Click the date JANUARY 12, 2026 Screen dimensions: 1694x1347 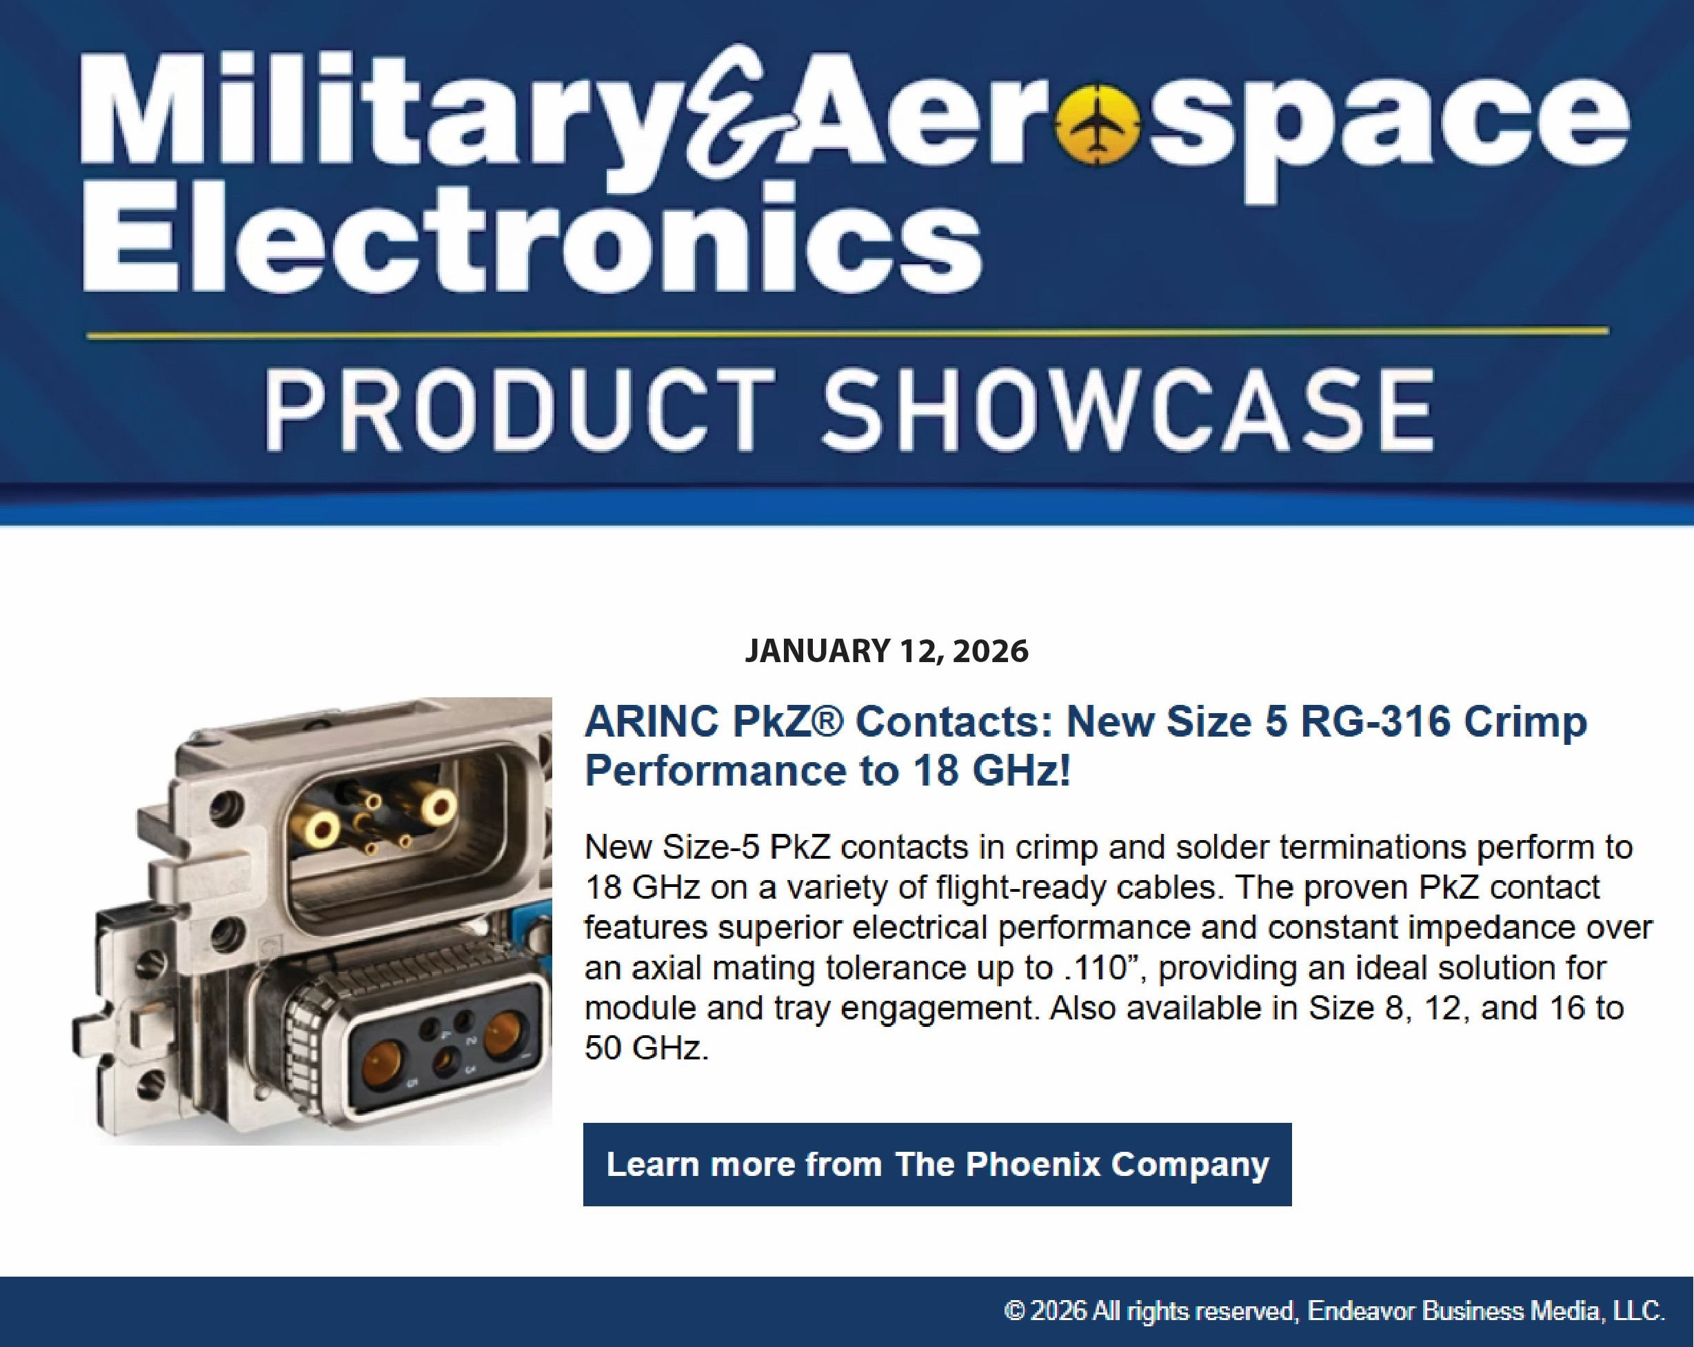(886, 650)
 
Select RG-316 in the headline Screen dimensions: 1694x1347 (1375, 721)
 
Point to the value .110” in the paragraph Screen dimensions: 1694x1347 (1107, 968)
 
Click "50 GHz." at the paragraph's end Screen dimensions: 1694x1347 (647, 1048)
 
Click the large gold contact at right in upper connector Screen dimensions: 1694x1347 (437, 806)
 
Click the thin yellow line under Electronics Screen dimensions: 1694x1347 (847, 333)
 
